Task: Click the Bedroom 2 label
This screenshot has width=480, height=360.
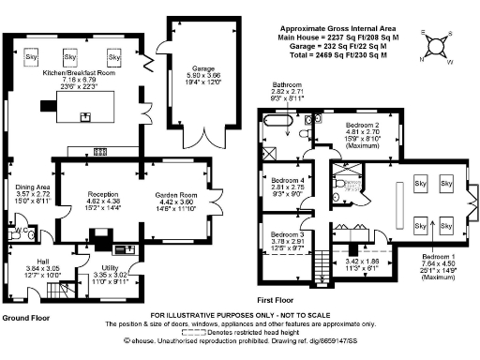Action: pyautogui.click(x=362, y=125)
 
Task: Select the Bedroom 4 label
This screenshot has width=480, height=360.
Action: pyautogui.click(x=288, y=179)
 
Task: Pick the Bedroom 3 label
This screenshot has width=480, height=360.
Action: pyautogui.click(x=288, y=234)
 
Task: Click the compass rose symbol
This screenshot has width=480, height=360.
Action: pyautogui.click(x=436, y=42)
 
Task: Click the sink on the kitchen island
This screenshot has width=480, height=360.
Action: pyautogui.click(x=86, y=117)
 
